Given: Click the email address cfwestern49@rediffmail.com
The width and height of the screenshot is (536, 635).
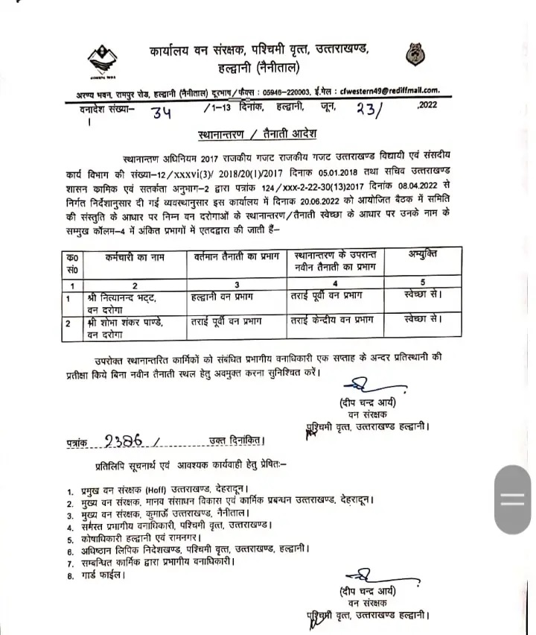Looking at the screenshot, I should (392, 89).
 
